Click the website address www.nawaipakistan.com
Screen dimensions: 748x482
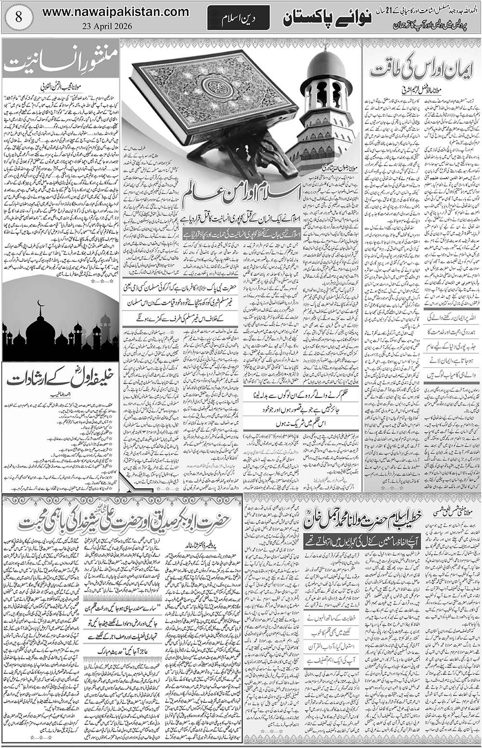coord(115,11)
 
